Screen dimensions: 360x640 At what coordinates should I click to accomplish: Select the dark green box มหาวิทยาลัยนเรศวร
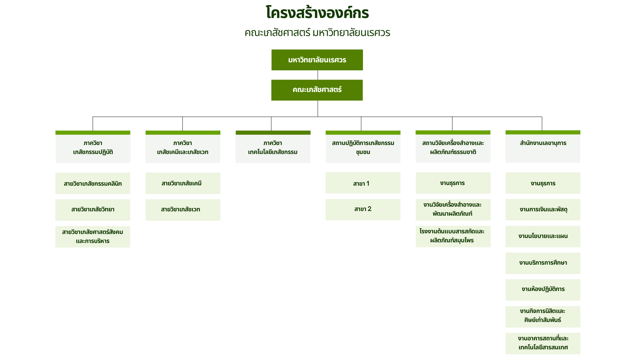(317, 60)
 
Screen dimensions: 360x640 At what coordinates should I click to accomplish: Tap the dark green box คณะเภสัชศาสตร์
(317, 90)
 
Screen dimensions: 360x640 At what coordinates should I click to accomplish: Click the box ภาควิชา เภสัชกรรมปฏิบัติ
(93, 147)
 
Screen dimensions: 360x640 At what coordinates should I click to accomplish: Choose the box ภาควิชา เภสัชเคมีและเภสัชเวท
(183, 147)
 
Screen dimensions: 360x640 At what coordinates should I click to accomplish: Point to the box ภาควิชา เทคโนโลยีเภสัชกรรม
(273, 147)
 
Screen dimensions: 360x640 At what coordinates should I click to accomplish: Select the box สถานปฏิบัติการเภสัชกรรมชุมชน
(363, 147)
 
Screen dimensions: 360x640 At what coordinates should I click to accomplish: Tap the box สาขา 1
(363, 183)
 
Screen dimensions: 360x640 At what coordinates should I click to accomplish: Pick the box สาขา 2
(363, 209)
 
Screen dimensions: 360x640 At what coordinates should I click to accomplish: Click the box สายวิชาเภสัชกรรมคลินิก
(93, 183)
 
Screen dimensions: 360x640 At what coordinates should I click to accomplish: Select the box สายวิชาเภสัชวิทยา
(93, 210)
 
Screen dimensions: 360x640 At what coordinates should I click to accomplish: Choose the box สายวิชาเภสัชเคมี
(183, 183)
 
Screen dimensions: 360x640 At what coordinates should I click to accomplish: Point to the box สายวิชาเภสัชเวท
(183, 210)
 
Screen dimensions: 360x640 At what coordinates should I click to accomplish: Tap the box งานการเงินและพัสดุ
(543, 210)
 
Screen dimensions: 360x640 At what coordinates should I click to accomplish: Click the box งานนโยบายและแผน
(543, 236)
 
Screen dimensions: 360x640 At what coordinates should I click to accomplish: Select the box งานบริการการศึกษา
(543, 263)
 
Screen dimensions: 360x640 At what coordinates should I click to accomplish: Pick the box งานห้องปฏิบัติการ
(543, 290)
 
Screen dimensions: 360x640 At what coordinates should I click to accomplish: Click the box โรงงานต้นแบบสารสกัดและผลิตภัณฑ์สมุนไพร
(453, 236)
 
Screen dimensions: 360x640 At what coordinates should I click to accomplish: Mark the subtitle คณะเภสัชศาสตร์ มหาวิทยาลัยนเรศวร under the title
(317, 33)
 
